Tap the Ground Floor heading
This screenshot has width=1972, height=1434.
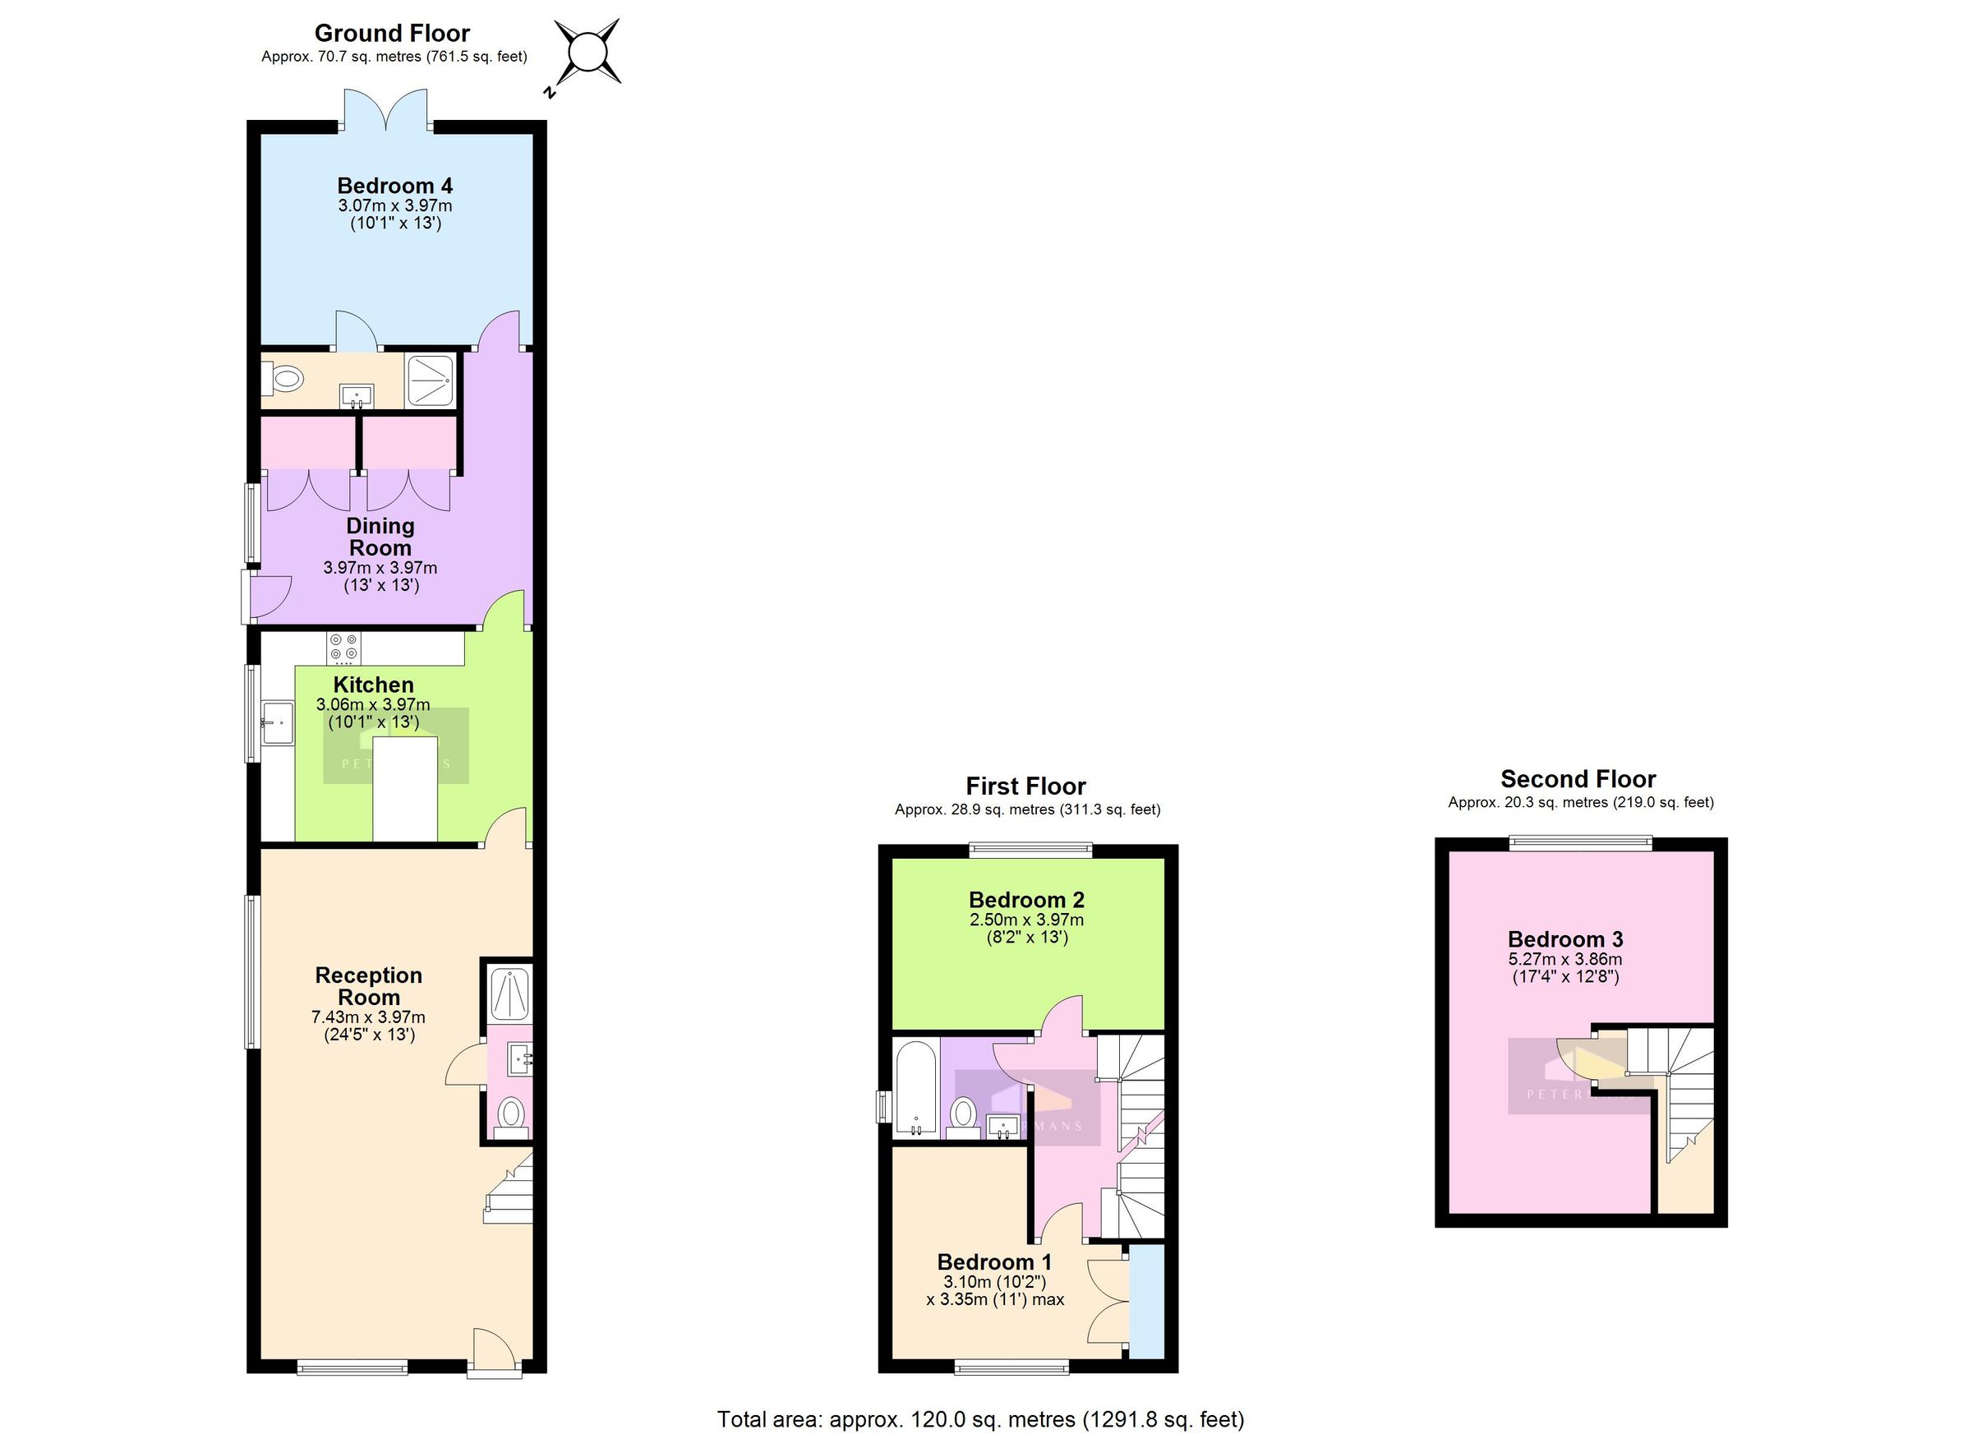click(392, 33)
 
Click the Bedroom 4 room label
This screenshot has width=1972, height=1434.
click(394, 185)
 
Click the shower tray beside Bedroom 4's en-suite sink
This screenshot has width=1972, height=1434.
click(431, 380)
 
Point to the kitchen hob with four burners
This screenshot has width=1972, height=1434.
click(343, 648)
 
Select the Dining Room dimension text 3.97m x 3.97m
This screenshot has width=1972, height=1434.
click(380, 568)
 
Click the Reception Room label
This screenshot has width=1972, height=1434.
click(369, 986)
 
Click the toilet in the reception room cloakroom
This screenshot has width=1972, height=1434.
click(510, 1114)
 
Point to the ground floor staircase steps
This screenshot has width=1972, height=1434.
click(511, 1191)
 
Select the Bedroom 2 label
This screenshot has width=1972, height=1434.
click(1026, 900)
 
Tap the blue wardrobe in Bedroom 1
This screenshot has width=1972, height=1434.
click(1146, 1300)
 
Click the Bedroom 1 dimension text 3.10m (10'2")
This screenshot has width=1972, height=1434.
click(995, 1283)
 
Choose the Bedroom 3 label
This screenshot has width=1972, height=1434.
click(1565, 939)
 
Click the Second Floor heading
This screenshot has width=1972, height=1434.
click(1578, 779)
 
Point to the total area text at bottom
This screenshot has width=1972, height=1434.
click(980, 1419)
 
